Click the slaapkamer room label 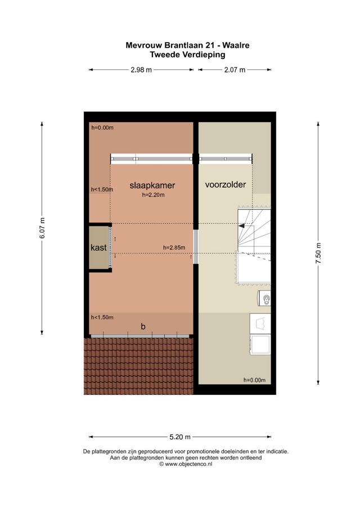pyautogui.click(x=152, y=185)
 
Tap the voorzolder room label pyautogui.click(x=226, y=184)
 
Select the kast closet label pyautogui.click(x=99, y=247)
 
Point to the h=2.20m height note pyautogui.click(x=152, y=195)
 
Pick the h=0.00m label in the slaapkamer pyautogui.click(x=102, y=128)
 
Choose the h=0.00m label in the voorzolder pyautogui.click(x=254, y=380)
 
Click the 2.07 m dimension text pyautogui.click(x=233, y=70)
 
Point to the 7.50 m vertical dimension pyautogui.click(x=318, y=253)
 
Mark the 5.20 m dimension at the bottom pyautogui.click(x=180, y=436)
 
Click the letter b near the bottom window pyautogui.click(x=143, y=326)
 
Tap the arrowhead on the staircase pyautogui.click(x=242, y=226)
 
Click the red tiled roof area pyautogui.click(x=138, y=366)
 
